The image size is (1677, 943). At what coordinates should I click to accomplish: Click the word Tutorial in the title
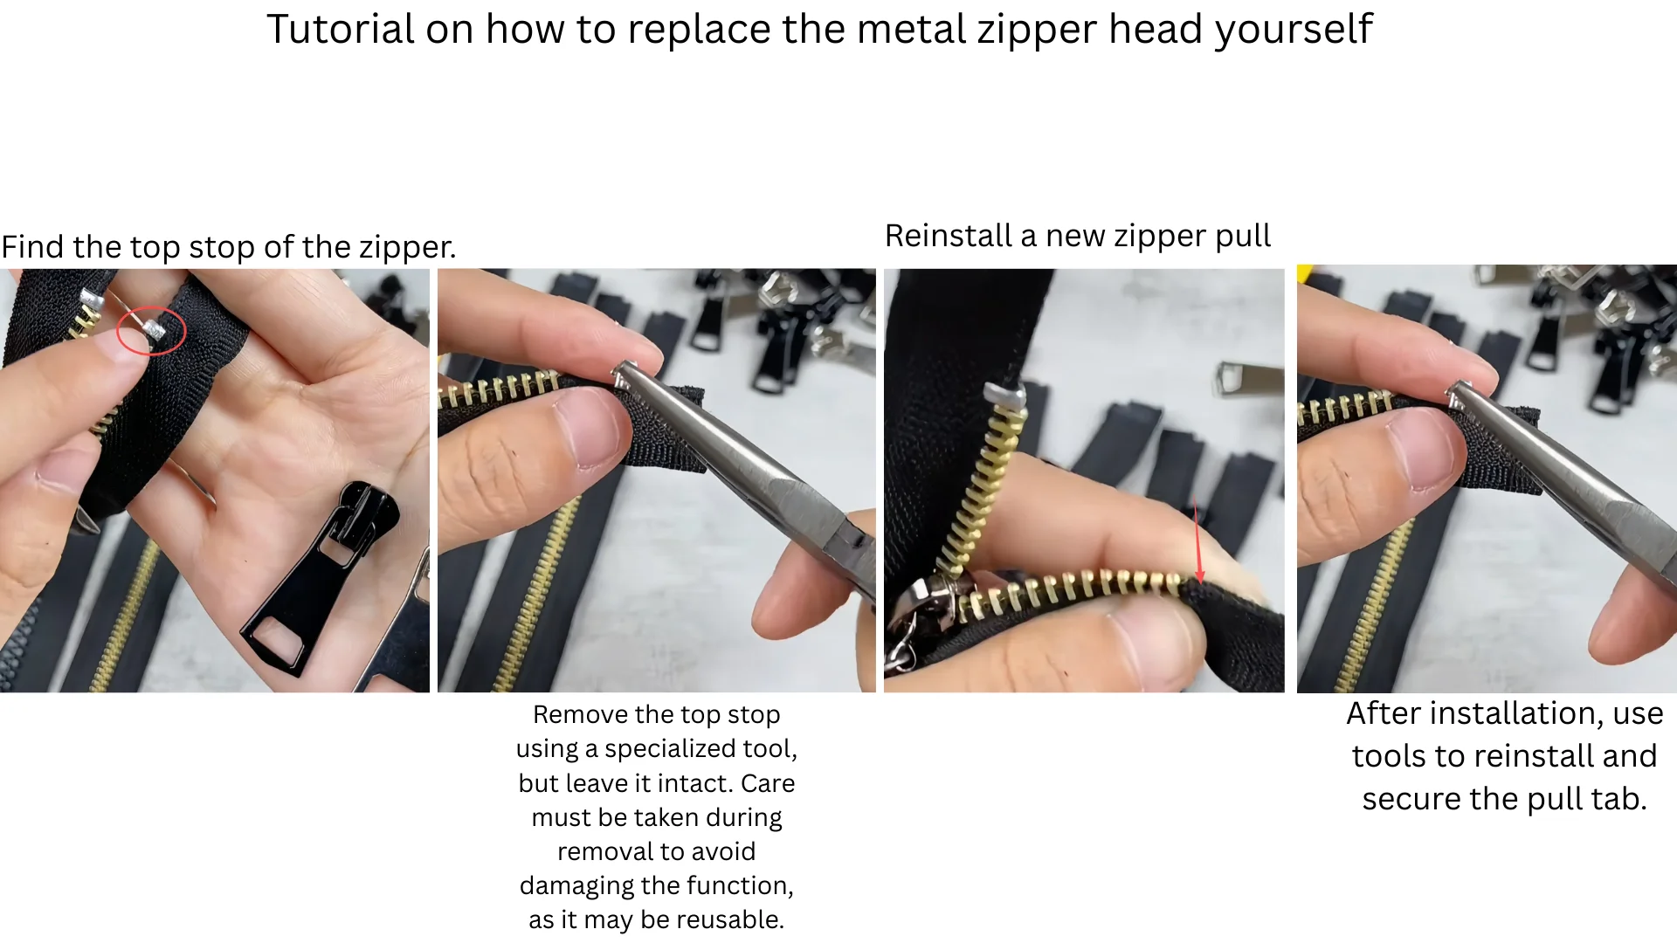[x=341, y=30]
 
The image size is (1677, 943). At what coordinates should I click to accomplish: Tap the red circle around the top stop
[x=151, y=331]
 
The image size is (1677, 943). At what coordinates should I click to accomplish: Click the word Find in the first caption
[x=34, y=247]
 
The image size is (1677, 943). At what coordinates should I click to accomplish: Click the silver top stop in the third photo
[x=1006, y=397]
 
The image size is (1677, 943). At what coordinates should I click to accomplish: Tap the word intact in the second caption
[x=692, y=783]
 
